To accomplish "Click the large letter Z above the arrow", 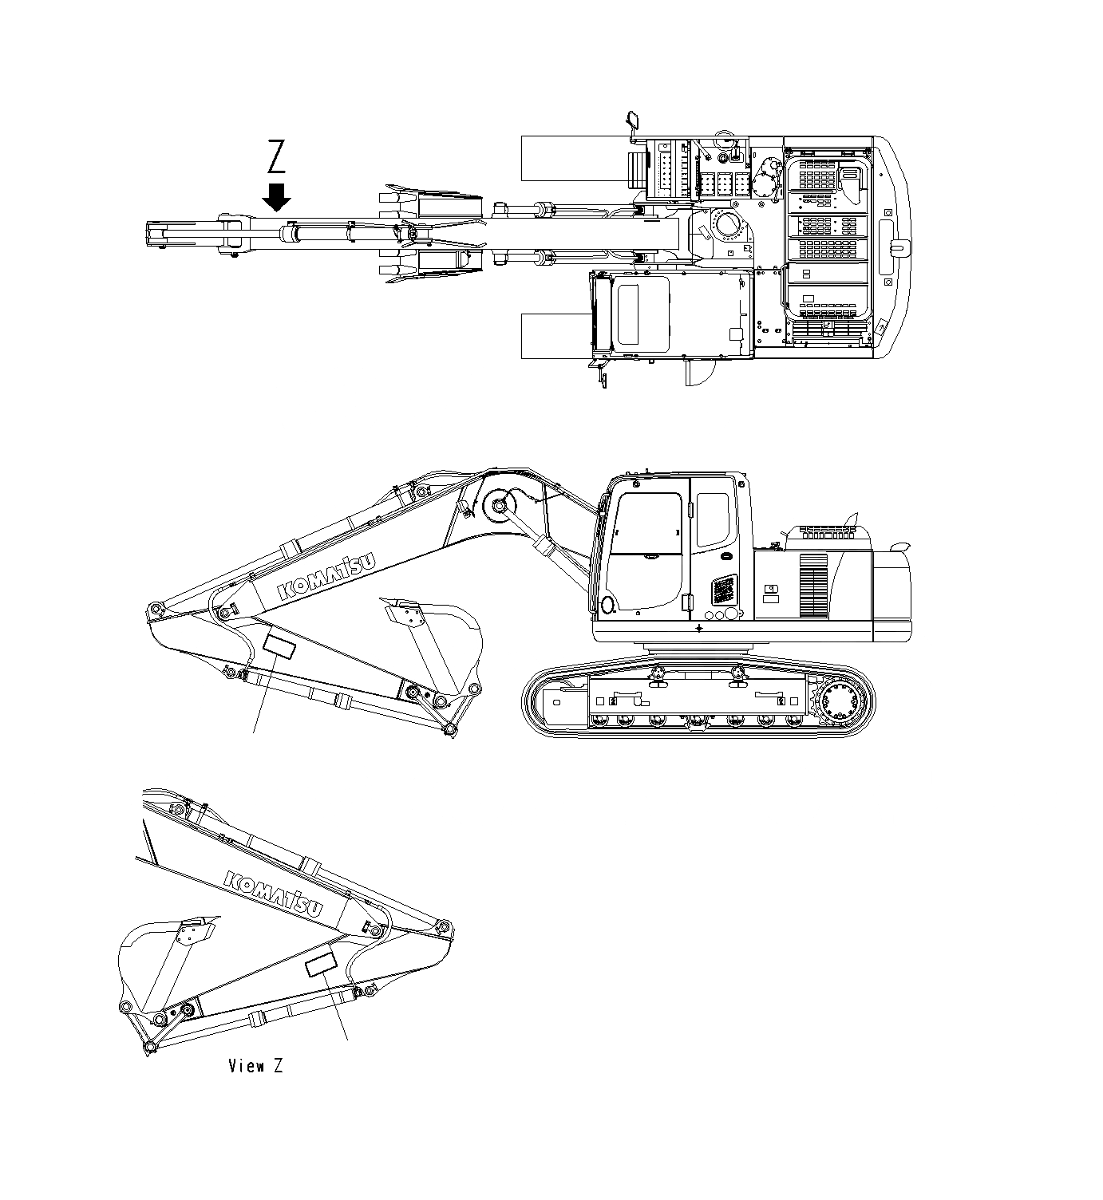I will point(276,156).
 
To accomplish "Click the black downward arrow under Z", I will point(277,196).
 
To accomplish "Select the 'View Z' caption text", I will point(255,1065).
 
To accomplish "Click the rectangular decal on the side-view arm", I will point(279,646).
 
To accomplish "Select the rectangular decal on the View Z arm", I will point(322,965).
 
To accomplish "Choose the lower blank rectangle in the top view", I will point(555,336).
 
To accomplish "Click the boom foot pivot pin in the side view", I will point(500,505).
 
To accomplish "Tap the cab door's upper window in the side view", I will point(712,519).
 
